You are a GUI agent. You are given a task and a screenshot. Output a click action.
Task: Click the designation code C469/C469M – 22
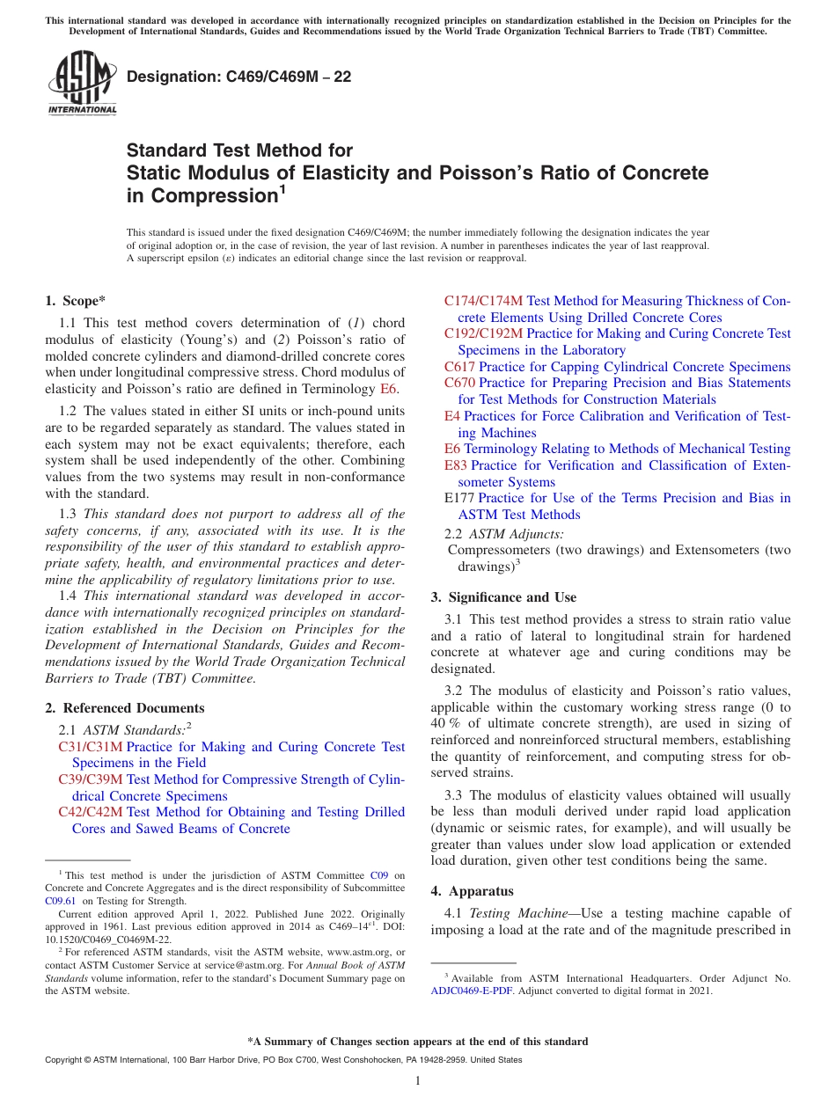tap(239, 77)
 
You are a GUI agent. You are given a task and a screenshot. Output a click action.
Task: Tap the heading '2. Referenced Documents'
tap(124, 708)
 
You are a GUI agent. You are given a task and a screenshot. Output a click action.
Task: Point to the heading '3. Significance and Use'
tap(503, 597)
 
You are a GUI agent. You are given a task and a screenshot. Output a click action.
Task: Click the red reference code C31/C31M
tap(91, 747)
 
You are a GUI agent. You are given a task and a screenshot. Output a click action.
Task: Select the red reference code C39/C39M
tap(91, 779)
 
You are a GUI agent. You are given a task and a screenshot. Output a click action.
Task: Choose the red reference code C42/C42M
tap(91, 812)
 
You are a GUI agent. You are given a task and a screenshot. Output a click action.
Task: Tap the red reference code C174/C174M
tap(483, 301)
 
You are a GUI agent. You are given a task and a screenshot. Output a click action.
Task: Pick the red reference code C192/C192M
tap(483, 333)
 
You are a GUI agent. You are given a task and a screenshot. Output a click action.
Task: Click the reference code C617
tap(459, 367)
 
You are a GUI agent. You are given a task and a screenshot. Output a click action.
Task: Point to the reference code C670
tap(459, 383)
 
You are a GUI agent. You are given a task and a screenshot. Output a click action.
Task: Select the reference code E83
tap(455, 465)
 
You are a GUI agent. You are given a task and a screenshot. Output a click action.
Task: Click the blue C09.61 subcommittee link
tap(60, 901)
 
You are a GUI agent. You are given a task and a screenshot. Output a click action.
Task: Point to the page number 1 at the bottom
tap(418, 1081)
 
